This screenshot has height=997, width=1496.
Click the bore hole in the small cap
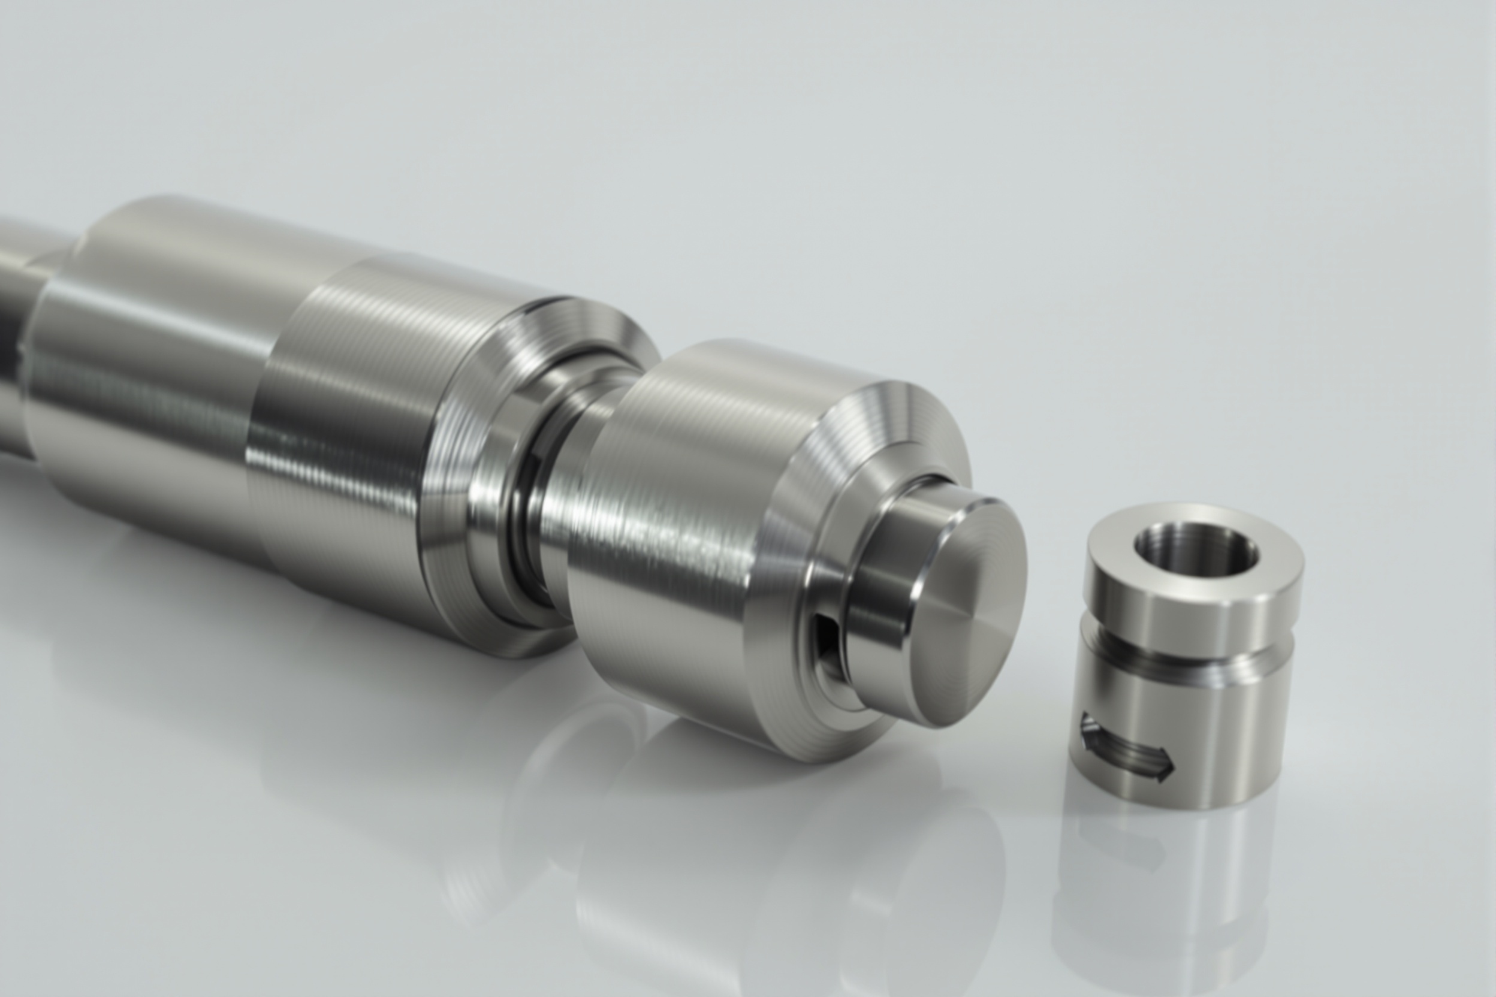1196,552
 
